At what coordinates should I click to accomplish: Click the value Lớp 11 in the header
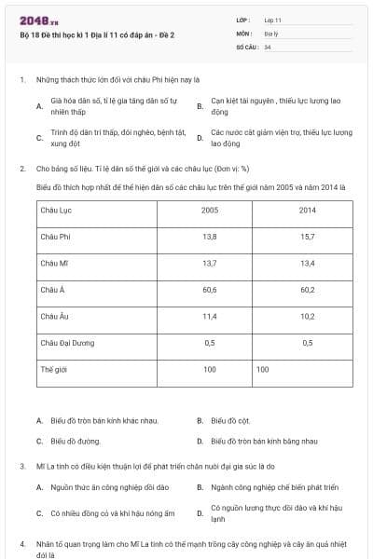[x=274, y=20]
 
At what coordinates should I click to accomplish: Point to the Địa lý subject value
[x=271, y=33]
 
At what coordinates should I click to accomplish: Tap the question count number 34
[x=268, y=46]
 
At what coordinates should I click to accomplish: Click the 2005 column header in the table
[x=210, y=211]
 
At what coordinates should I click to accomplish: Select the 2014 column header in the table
[x=308, y=211]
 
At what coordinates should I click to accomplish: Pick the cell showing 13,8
[x=210, y=238]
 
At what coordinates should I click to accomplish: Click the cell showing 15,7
[x=308, y=238]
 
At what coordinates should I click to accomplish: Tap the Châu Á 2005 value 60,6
[x=210, y=291]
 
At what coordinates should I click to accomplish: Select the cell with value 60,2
[x=308, y=291]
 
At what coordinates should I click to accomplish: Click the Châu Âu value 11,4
[x=210, y=317]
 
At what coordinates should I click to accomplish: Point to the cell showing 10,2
[x=308, y=317]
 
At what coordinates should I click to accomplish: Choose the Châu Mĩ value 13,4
[x=308, y=264]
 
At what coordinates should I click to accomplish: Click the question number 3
[x=21, y=465]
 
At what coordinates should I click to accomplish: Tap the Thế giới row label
[x=54, y=370]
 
